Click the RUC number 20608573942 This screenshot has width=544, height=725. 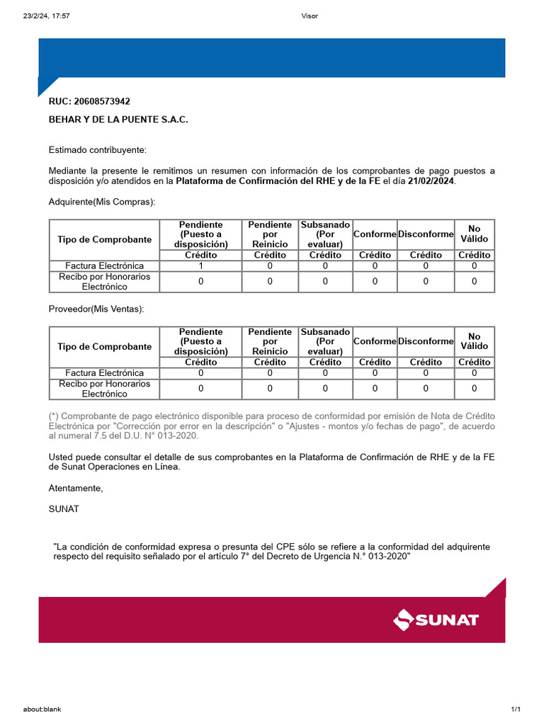pyautogui.click(x=102, y=101)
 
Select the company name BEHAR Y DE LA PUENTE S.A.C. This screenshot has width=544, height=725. pyautogui.click(x=118, y=120)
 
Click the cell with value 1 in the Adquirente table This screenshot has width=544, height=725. pyautogui.click(x=201, y=266)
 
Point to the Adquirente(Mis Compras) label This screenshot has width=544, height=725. pyautogui.click(x=101, y=202)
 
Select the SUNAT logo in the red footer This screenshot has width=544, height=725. pyautogui.click(x=436, y=620)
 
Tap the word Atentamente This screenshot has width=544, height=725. pyautogui.click(x=76, y=489)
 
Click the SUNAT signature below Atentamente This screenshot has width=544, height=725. pyautogui.click(x=64, y=508)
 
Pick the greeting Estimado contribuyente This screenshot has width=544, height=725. pyautogui.click(x=98, y=150)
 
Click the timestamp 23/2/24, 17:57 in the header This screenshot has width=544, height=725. pyautogui.click(x=46, y=16)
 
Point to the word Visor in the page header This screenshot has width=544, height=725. pyautogui.click(x=310, y=16)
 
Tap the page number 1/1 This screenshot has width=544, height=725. pyautogui.click(x=516, y=709)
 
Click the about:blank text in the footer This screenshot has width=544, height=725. pyautogui.click(x=41, y=709)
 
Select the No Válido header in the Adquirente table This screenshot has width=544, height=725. pyautogui.click(x=474, y=234)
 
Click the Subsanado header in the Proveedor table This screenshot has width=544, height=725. pyautogui.click(x=325, y=341)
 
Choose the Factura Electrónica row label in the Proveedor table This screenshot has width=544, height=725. pyautogui.click(x=105, y=373)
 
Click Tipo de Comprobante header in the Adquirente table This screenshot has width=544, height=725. pyautogui.click(x=105, y=239)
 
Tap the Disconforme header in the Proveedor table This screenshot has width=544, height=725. pyautogui.click(x=426, y=341)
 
